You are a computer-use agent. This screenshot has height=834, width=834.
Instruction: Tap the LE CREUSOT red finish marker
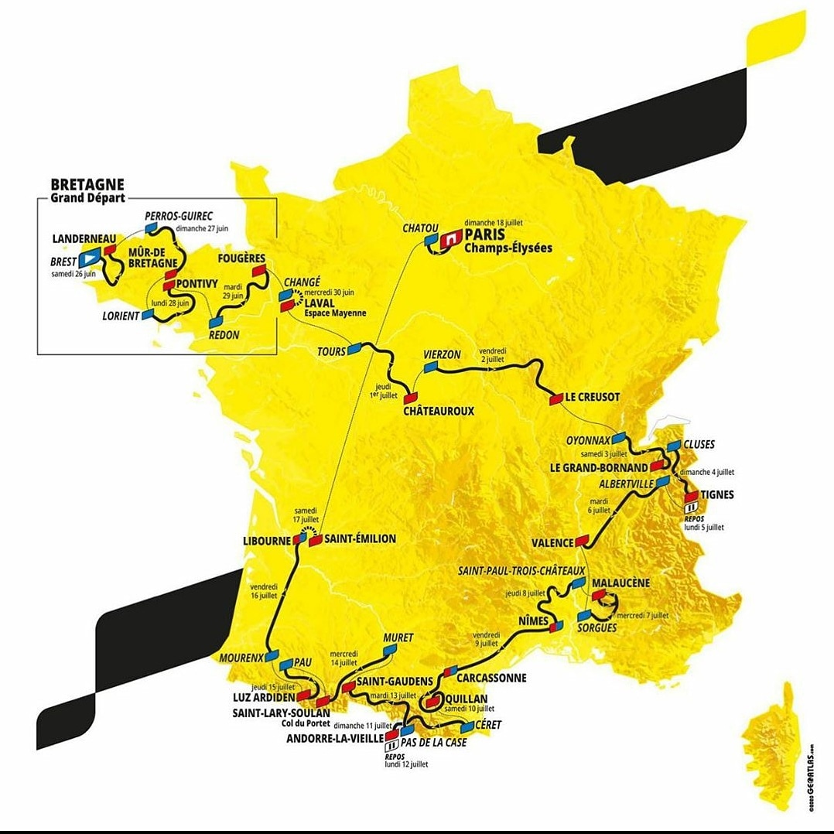[555, 399]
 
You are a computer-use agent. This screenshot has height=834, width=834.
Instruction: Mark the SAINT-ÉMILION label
[360, 538]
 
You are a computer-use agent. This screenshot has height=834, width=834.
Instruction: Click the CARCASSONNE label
[491, 678]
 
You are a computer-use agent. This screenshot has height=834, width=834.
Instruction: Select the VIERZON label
[442, 354]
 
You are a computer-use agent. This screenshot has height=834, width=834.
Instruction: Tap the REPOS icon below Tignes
[690, 508]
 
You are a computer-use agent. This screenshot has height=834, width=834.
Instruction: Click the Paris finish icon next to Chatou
[448, 242]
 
